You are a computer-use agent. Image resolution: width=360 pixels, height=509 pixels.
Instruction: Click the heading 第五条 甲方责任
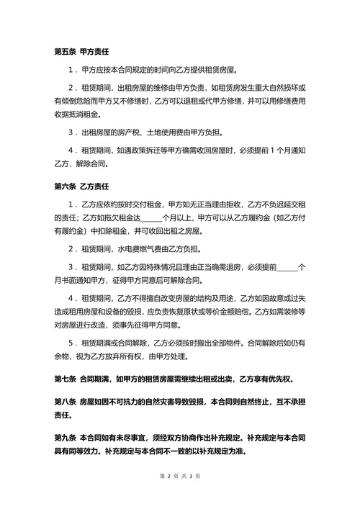81,52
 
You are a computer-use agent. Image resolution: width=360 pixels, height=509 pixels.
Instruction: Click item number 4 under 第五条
70,150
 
